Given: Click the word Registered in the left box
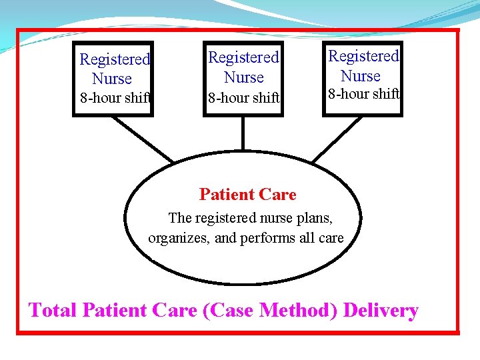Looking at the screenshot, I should pos(115,59).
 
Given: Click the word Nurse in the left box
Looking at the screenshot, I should pos(112,79).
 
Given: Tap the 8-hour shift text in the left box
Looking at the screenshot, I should pos(115,98).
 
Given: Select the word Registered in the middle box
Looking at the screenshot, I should pos(243,58).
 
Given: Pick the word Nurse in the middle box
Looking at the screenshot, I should pos(244,77).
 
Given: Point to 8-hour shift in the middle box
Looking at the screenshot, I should pos(244,98).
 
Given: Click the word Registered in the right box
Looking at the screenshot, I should pos(363,56).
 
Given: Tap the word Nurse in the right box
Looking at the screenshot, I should pos(361,75).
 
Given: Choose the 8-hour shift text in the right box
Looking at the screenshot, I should pos(363,94).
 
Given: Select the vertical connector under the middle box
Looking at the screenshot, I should pos(243,133).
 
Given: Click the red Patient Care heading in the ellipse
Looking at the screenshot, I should pos(247,195).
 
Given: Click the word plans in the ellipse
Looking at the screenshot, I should pos(313,218).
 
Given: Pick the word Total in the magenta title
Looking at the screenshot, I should pos(53,311).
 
